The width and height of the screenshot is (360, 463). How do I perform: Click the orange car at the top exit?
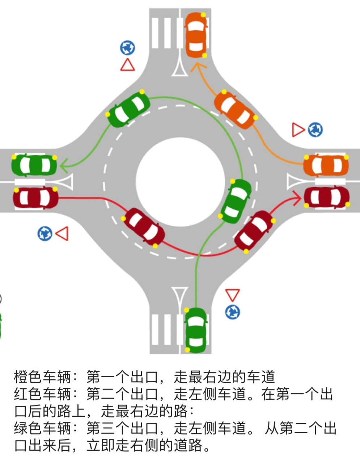pos(196,35)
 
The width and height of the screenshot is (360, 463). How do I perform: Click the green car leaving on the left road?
pos(34,165)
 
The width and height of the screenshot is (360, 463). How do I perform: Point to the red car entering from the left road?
pos(35,198)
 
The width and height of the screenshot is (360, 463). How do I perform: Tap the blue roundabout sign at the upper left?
pos(127,47)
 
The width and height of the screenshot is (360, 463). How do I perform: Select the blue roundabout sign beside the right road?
pos(315,130)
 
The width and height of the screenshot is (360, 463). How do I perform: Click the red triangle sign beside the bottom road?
pos(232,295)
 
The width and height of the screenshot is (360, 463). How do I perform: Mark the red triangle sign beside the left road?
pos(63,234)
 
